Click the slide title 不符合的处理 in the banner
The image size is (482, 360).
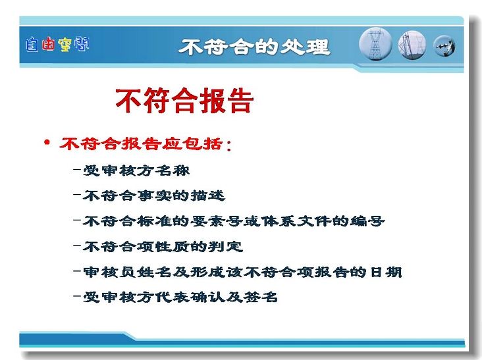[255, 47]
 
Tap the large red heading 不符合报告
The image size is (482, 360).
[184, 101]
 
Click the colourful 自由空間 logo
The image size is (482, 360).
[57, 44]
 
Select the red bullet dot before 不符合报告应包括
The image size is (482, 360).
[47, 142]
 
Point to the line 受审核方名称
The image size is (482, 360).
[136, 170]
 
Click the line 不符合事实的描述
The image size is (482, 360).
[154, 195]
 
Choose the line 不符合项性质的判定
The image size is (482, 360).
[163, 246]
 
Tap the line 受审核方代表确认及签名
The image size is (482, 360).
[180, 297]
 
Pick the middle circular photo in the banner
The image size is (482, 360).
[412, 45]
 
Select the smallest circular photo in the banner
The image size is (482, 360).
[444, 46]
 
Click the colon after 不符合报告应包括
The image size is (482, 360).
[228, 145]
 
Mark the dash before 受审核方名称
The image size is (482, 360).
[77, 169]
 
